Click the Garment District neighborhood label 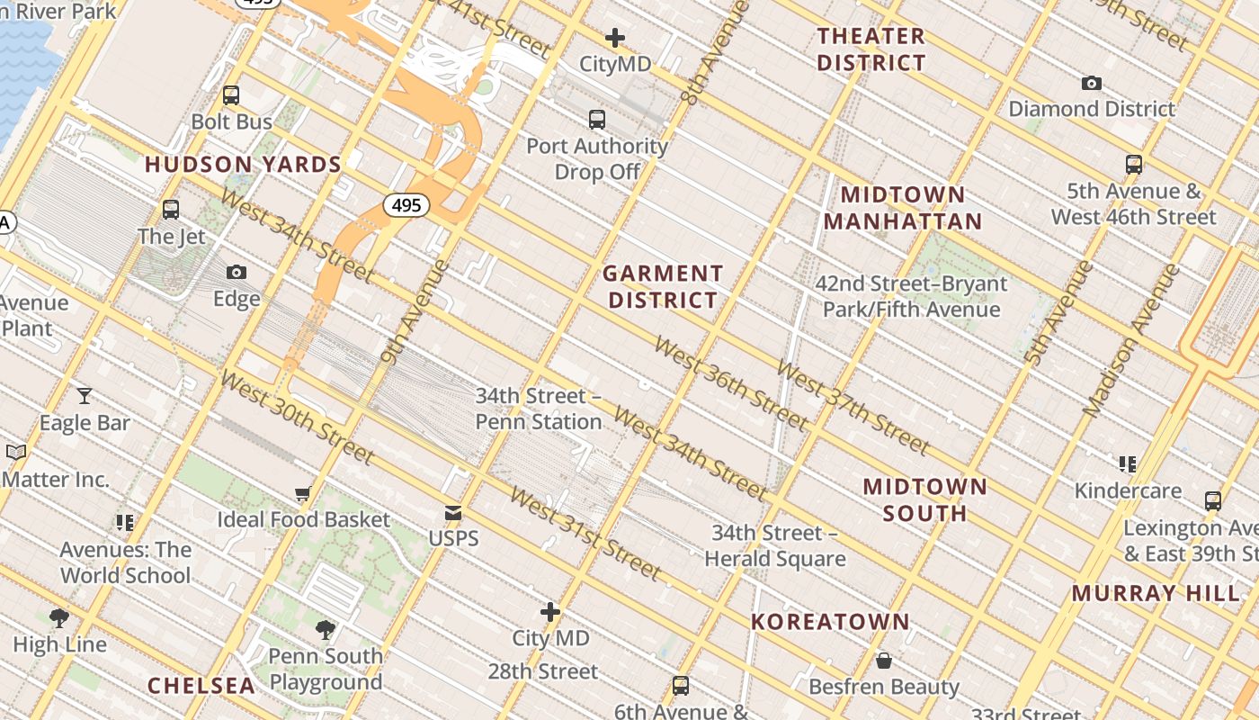click(x=663, y=287)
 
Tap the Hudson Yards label click(x=243, y=165)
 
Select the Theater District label click(x=871, y=49)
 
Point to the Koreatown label click(x=830, y=622)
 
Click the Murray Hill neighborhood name click(x=1156, y=593)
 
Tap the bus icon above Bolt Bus click(x=231, y=95)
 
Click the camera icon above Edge click(x=237, y=272)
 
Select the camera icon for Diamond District click(x=1091, y=83)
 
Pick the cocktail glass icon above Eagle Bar click(x=85, y=395)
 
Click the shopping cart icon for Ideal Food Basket click(x=303, y=493)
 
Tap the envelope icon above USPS click(x=453, y=513)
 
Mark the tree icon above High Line click(x=59, y=617)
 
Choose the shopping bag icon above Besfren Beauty click(x=884, y=661)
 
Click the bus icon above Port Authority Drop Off click(x=596, y=119)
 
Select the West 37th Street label click(x=852, y=408)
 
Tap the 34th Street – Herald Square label click(x=774, y=545)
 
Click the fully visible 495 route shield click(x=406, y=205)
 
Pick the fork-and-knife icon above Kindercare click(x=1128, y=463)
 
